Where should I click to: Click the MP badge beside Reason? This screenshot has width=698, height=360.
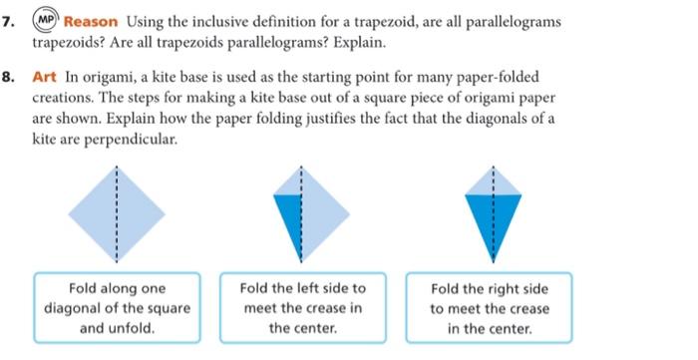pos(46,22)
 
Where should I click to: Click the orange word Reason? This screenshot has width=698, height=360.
pos(92,22)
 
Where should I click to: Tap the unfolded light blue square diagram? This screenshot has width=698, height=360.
pos(116,211)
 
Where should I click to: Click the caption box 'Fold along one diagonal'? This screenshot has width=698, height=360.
pos(117,308)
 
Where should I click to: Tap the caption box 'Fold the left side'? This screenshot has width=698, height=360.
pos(302,308)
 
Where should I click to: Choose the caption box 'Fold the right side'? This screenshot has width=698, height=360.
pos(489,308)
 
